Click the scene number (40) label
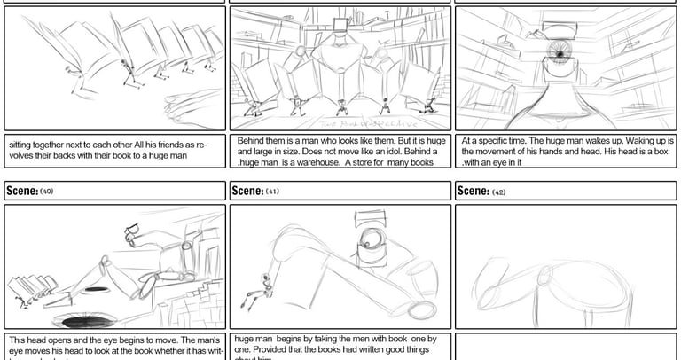click(x=47, y=192)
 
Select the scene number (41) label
click(x=272, y=192)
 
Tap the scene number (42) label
click(x=499, y=192)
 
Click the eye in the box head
click(x=559, y=55)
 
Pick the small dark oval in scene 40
click(x=96, y=289)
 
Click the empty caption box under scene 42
click(x=566, y=347)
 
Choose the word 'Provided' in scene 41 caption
click(x=271, y=348)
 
